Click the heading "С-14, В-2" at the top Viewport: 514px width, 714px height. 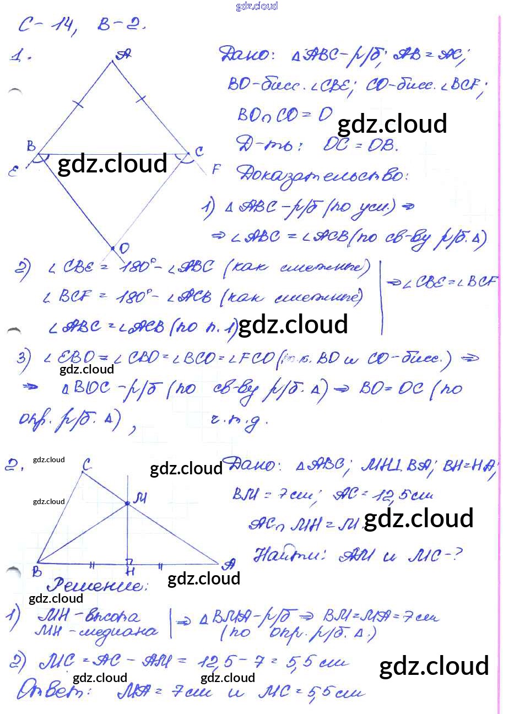pos(83,25)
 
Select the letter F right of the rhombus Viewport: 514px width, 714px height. pos(216,169)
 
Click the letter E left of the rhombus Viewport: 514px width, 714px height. pos(13,171)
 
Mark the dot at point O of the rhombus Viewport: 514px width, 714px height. pos(112,248)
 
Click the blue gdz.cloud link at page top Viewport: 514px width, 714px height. pos(257,6)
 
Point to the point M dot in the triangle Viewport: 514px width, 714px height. pos(127,503)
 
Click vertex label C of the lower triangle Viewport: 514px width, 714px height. pos(86,466)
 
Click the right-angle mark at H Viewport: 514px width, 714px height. pos(130,561)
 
